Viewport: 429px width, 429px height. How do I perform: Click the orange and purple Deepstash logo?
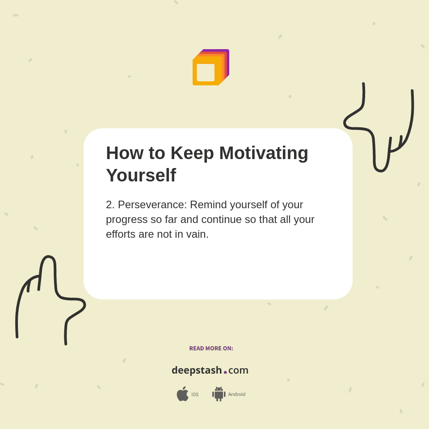pyautogui.click(x=210, y=67)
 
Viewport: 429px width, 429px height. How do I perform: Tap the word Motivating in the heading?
pyautogui.click(x=264, y=153)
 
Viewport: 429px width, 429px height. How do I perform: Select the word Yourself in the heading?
pyautogui.click(x=141, y=175)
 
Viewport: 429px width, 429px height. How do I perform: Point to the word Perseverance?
pyautogui.click(x=152, y=205)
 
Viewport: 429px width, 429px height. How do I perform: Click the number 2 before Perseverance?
pyautogui.click(x=110, y=205)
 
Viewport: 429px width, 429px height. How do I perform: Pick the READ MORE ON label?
pyautogui.click(x=211, y=349)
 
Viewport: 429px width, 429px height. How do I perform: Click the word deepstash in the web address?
pyautogui.click(x=197, y=370)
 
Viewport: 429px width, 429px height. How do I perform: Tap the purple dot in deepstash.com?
pyautogui.click(x=225, y=372)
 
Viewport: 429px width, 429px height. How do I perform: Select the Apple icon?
pyautogui.click(x=182, y=394)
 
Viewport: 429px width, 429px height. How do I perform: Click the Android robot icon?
pyautogui.click(x=219, y=394)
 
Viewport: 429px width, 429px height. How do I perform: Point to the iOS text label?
pyautogui.click(x=195, y=395)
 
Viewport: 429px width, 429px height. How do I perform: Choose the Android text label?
pyautogui.click(x=237, y=394)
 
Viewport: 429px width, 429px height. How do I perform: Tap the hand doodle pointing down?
pyautogui.click(x=380, y=130)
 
